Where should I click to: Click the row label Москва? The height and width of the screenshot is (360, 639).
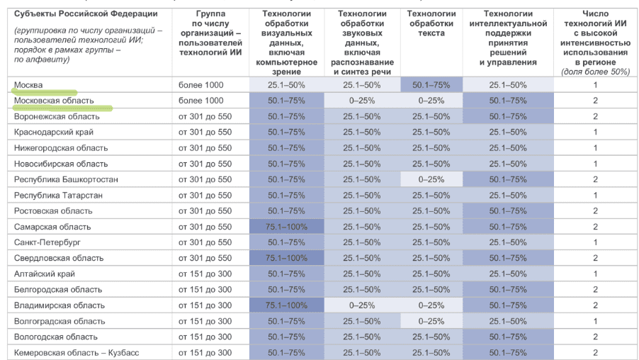[x=28, y=85]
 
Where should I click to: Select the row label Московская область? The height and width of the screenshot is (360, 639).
[x=54, y=101]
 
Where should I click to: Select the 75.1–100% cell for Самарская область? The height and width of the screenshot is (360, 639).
[x=286, y=227]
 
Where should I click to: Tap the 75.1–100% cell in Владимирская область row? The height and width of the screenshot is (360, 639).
[x=286, y=305]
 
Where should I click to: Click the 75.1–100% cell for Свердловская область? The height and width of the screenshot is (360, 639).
[x=286, y=258]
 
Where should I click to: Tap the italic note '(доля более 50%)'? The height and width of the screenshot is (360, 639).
[x=595, y=72]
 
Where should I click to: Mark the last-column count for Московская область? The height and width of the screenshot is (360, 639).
[x=595, y=101]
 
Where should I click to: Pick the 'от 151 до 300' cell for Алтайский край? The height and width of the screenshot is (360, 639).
[x=205, y=274]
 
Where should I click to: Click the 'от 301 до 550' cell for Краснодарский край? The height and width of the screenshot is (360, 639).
[x=205, y=132]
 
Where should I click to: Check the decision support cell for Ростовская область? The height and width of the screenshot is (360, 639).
[x=507, y=210]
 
